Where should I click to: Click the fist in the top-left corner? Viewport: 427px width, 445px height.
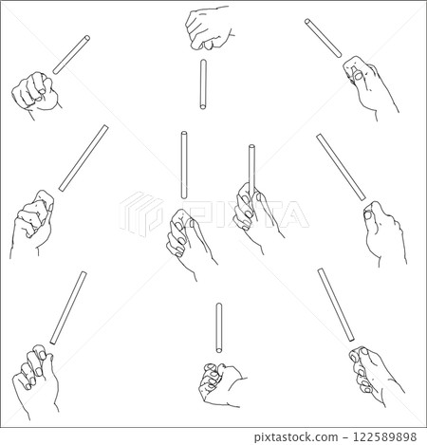tap(35, 93)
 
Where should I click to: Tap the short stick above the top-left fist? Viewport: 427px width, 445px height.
tap(71, 55)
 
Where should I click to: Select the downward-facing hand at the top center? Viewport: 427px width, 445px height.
tap(209, 28)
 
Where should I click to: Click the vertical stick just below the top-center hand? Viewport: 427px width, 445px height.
tap(203, 84)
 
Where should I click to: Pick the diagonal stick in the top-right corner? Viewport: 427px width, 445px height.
tap(324, 38)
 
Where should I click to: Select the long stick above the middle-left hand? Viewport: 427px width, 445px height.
tap(84, 158)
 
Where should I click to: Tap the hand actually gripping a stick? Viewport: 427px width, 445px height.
tap(256, 215)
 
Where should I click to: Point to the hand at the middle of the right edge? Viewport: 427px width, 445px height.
tap(384, 232)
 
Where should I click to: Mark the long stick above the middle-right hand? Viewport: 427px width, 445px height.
tap(341, 167)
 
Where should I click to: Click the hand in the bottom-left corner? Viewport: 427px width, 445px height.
tap(35, 380)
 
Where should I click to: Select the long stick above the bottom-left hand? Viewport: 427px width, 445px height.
tap(68, 307)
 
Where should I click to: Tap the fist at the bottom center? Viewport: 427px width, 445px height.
tap(221, 384)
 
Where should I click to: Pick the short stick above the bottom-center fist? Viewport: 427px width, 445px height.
tap(218, 328)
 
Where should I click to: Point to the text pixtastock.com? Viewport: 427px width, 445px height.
tap(296, 437)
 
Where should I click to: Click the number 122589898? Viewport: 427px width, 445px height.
tap(384, 437)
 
